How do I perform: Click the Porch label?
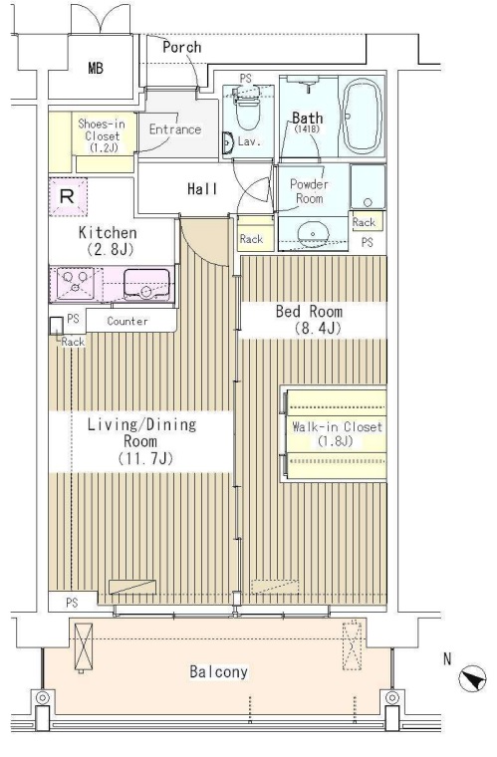pos(182,48)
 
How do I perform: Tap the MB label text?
pos(96,68)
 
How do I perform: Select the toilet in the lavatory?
pos(247,108)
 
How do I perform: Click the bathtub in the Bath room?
pos(362,116)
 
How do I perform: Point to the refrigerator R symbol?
pos(67,196)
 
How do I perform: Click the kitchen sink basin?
pos(146,284)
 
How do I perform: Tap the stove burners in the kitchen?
pos(76,283)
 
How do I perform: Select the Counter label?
pos(127,321)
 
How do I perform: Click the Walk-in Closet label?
pos(337,433)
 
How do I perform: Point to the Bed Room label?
pos(309,319)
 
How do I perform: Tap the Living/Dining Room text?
pos(141,441)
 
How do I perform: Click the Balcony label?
pos(218,671)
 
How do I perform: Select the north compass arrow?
pos(472,678)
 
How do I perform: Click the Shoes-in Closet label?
pos(102,135)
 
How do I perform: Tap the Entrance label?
pos(174,129)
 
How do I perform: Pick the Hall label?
pos(202,189)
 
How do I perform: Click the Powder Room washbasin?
pos(313,234)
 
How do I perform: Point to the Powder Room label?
pos(310,191)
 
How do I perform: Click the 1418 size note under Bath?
pos(308,129)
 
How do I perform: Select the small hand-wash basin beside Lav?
pos(228,142)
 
